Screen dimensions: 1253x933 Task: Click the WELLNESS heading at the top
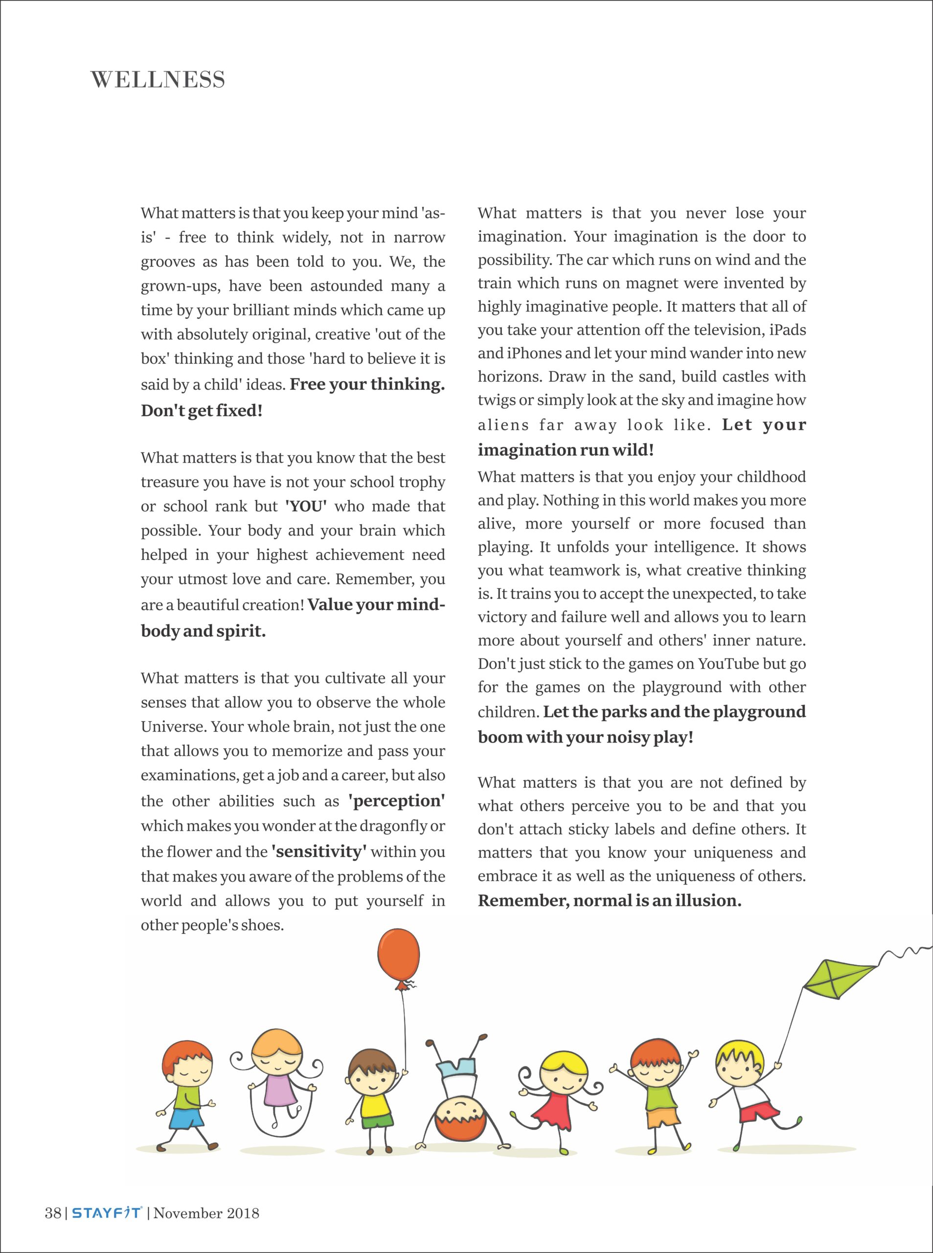click(x=158, y=80)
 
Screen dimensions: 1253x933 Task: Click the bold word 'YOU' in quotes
click(x=306, y=506)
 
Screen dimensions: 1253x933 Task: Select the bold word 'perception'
click(x=396, y=801)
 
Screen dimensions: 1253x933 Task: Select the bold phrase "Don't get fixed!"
click(x=202, y=411)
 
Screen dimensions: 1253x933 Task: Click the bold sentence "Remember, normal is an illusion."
click(x=610, y=901)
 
